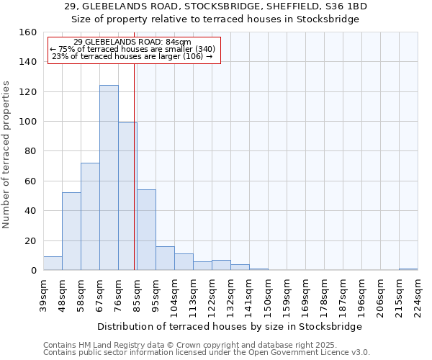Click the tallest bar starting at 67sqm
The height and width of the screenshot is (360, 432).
[109, 178]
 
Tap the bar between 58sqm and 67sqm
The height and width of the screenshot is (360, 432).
[90, 217]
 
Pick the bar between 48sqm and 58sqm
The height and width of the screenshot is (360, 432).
[71, 231]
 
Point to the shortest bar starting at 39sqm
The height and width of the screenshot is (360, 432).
[53, 264]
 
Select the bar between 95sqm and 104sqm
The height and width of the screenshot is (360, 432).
[165, 258]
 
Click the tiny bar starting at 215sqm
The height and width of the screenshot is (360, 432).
[408, 269]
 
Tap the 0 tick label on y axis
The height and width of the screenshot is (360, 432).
[33, 271]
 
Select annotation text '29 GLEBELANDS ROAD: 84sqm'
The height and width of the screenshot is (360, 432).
[132, 42]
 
